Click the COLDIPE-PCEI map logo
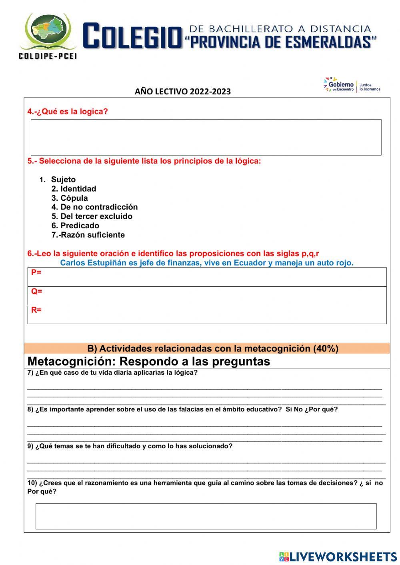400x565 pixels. pos(48,35)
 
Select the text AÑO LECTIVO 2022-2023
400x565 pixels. pos(182,92)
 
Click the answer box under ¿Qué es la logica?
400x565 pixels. pos(206,137)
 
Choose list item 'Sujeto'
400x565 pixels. pos(63,180)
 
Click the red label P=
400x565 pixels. pos(36,273)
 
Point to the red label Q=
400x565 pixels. pos(37,291)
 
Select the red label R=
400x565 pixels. pos(36,310)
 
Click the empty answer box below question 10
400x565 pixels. pos(206,516)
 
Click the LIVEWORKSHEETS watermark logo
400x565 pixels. pos(338,556)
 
